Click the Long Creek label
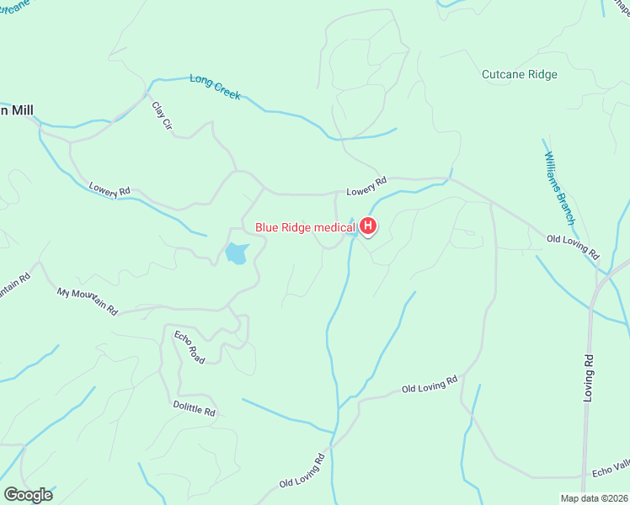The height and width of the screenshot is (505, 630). click(216, 87)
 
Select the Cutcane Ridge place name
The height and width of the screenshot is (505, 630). click(519, 75)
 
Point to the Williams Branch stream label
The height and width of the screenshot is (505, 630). click(559, 189)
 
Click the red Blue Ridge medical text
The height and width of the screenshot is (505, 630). click(306, 226)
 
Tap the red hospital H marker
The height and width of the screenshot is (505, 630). click(368, 226)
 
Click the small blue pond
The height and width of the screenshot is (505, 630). click(236, 252)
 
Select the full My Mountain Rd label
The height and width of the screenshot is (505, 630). click(88, 301)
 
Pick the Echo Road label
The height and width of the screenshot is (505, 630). click(190, 348)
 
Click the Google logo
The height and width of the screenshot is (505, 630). click(28, 494)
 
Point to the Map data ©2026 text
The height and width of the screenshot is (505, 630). click(595, 498)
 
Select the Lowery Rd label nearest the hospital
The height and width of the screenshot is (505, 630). click(366, 185)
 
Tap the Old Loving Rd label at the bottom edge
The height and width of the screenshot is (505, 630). click(302, 472)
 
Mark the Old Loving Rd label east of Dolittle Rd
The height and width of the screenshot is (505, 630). click(430, 385)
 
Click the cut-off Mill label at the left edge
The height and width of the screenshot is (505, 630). click(16, 109)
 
